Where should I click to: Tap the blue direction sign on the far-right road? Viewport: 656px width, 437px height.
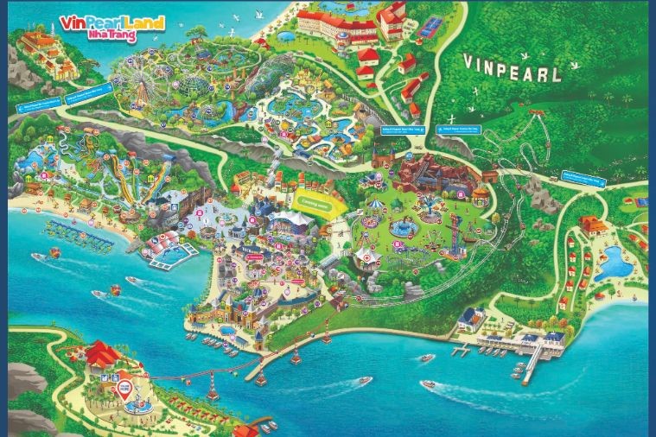[582, 178]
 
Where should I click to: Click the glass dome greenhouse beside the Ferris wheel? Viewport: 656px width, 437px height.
[188, 85]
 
